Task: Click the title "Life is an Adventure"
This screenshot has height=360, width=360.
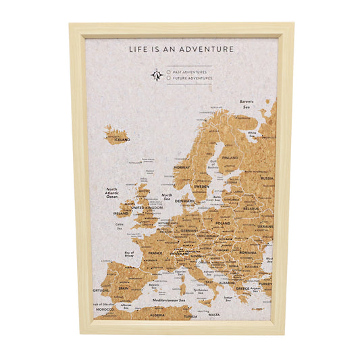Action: click(182, 49)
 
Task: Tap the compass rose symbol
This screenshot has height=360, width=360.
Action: click(157, 75)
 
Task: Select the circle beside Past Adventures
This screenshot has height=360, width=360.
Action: click(168, 72)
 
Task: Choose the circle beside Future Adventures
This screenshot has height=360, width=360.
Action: click(168, 78)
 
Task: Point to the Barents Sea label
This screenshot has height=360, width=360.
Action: click(247, 105)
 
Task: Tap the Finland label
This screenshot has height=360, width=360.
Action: click(230, 157)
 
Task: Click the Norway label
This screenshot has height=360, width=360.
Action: click(182, 167)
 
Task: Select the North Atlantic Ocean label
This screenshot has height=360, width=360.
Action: click(111, 192)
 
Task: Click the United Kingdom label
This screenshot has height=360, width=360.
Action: click(147, 208)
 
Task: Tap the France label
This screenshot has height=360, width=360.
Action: click(155, 253)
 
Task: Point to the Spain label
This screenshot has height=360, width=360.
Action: click(123, 288)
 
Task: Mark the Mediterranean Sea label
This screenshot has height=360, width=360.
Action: click(168, 299)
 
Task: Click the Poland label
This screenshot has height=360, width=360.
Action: click(222, 223)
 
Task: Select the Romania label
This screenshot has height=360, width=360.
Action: click(247, 251)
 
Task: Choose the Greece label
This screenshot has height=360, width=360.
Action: click(242, 288)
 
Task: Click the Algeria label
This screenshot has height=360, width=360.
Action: click(157, 315)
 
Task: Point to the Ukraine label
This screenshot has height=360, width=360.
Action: click(264, 226)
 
